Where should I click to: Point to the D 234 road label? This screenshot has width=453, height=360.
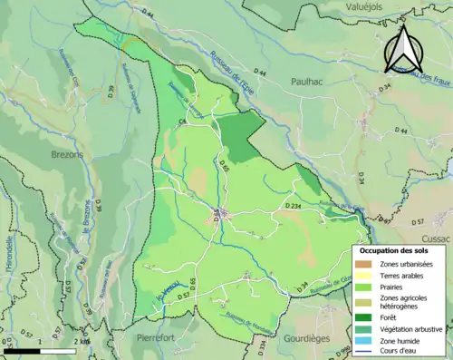click(x=294, y=208)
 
